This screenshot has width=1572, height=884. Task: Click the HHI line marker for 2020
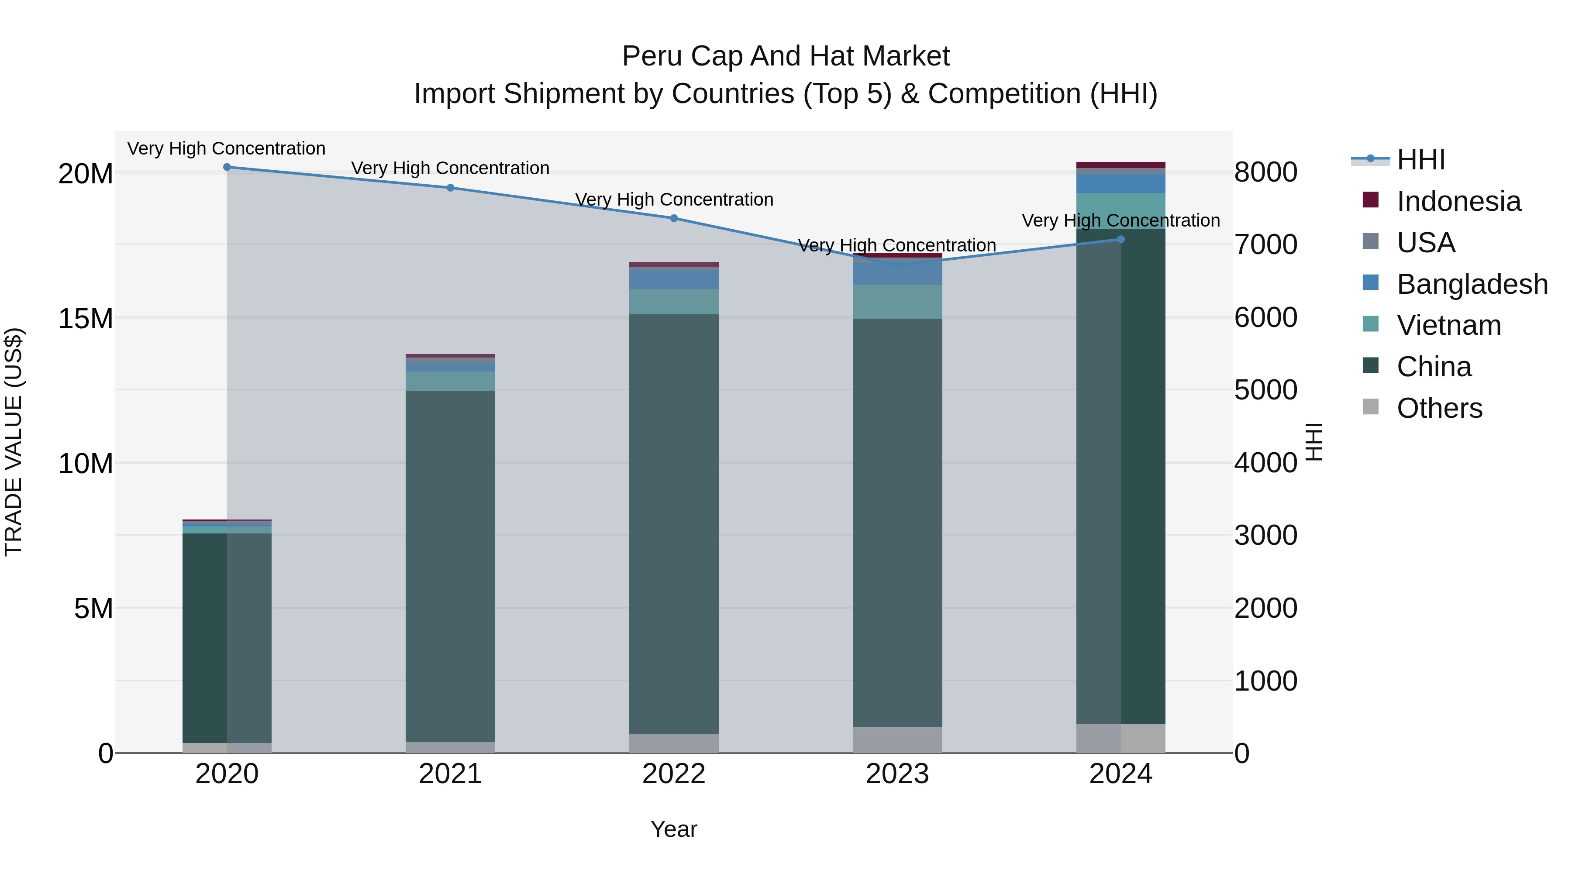click(227, 167)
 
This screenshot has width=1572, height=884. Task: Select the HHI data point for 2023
click(897, 265)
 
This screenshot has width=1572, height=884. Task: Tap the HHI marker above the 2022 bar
click(674, 218)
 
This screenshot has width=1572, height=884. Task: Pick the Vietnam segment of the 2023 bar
click(897, 301)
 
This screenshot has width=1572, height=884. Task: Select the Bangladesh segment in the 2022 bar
click(674, 279)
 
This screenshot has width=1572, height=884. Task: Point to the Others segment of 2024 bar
click(1120, 738)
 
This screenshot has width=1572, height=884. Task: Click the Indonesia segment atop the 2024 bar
click(1120, 165)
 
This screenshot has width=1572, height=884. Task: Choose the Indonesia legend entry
click(1458, 201)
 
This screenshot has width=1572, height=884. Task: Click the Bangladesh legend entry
click(1471, 284)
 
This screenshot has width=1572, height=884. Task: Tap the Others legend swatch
click(1371, 407)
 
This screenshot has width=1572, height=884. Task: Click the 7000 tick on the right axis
click(1265, 244)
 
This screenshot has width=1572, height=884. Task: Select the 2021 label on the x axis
click(450, 774)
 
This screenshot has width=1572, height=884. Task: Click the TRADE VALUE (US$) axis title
click(14, 442)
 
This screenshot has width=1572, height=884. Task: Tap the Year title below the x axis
click(674, 829)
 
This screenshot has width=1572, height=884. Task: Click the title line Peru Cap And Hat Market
click(786, 56)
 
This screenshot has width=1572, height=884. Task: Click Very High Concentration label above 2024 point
click(1120, 220)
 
